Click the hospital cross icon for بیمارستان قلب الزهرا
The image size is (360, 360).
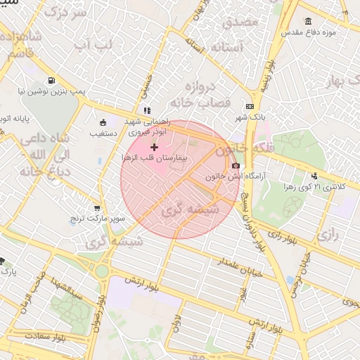[x=155, y=147]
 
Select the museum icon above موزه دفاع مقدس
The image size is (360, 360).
[x=309, y=22]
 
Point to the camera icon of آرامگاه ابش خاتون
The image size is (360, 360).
[x=235, y=165]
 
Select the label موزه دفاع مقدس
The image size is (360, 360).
[x=309, y=33]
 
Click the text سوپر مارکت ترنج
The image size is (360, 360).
[x=96, y=219]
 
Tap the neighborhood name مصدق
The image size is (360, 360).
[x=240, y=22]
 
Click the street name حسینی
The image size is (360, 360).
[x=146, y=87]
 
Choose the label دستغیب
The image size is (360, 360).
[x=104, y=131]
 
